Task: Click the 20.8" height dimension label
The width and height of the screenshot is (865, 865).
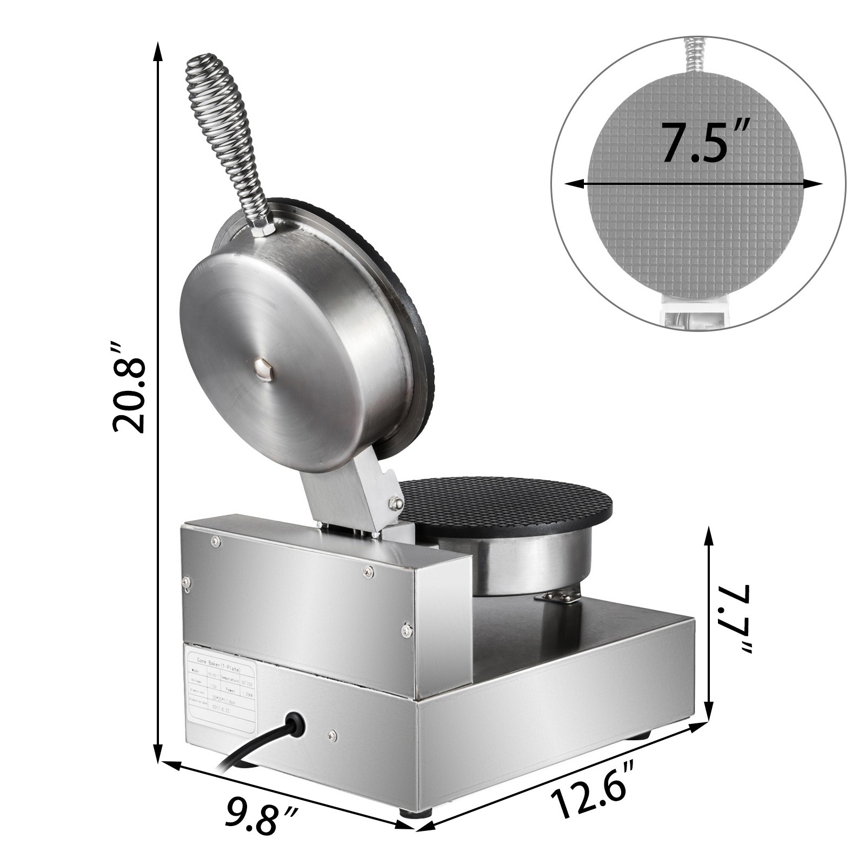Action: click(130, 387)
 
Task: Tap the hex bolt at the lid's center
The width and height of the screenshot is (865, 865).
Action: click(264, 370)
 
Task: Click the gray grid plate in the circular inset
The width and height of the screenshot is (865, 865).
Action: click(697, 227)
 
